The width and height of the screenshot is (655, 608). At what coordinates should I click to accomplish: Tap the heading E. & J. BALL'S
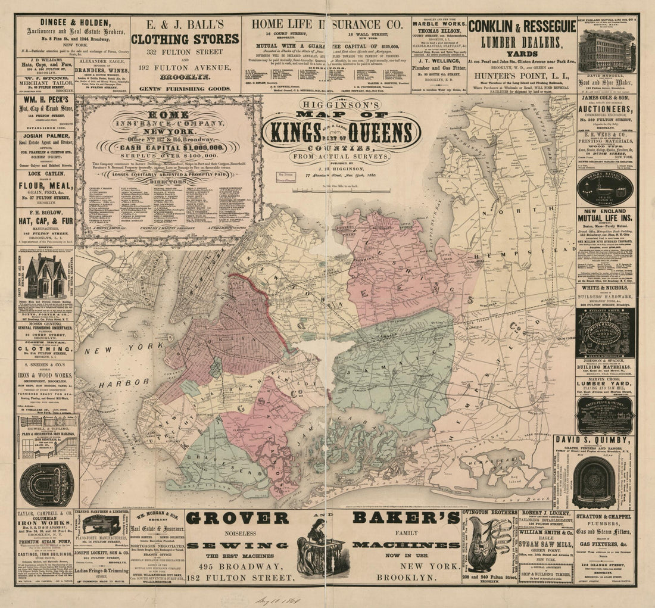(x=185, y=26)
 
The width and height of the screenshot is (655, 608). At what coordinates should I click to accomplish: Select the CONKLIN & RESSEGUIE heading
(x=522, y=27)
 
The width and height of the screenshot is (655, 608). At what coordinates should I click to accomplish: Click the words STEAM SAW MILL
(x=548, y=543)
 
